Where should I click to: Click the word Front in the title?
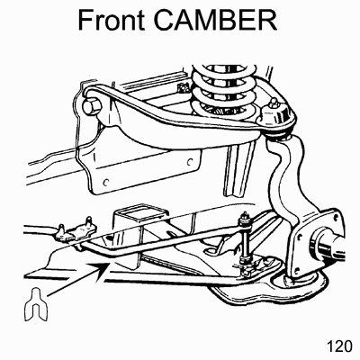[x=112, y=20]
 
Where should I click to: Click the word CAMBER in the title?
[x=215, y=20]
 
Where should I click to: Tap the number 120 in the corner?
[x=339, y=346]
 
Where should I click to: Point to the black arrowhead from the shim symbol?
[x=102, y=267]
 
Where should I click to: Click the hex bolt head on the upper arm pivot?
[x=93, y=107]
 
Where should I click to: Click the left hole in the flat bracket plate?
[x=105, y=182]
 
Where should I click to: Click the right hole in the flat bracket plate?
[x=189, y=162]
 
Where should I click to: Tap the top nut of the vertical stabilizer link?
[x=245, y=218]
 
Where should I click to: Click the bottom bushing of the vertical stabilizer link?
[x=246, y=259]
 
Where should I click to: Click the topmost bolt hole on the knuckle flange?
[x=331, y=214]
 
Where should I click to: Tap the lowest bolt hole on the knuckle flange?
[x=297, y=270]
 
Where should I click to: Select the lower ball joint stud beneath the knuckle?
[x=290, y=281]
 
